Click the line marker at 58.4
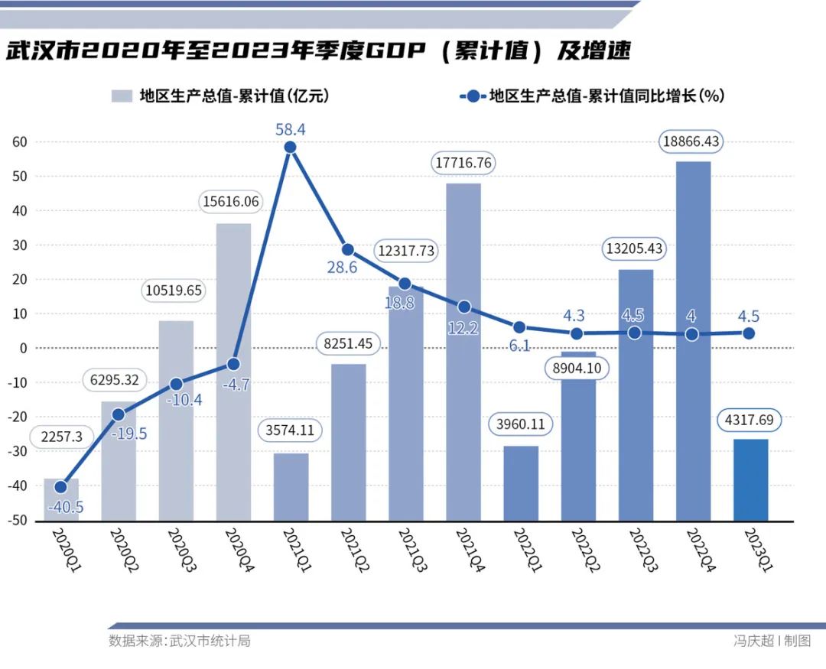tap(290, 148)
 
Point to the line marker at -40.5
tap(60, 487)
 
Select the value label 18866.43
tap(692, 141)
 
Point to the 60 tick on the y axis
tap(19, 141)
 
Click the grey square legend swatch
tap(121, 96)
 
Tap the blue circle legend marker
tap(472, 96)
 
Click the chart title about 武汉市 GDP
tap(319, 52)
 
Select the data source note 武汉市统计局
tap(179, 641)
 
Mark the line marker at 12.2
tap(464, 307)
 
